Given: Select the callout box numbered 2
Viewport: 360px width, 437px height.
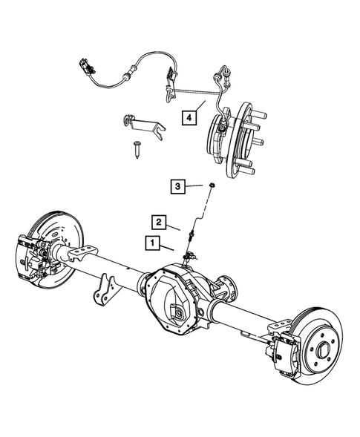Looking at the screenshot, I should [x=158, y=220].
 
